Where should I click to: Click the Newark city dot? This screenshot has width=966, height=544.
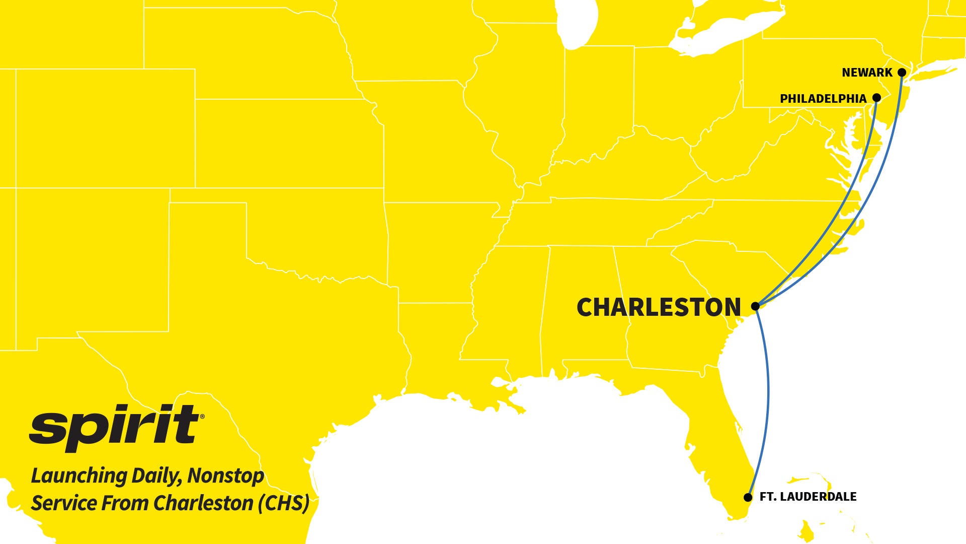click(902, 73)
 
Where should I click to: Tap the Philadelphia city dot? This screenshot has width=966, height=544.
click(876, 97)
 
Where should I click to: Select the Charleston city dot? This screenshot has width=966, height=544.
click(755, 306)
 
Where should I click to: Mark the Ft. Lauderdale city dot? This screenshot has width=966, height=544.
click(748, 497)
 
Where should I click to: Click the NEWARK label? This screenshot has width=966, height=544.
click(867, 73)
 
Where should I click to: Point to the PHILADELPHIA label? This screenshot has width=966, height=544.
click(823, 99)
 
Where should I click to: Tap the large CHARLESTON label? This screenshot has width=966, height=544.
click(659, 307)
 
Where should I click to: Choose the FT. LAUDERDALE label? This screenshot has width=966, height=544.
click(808, 497)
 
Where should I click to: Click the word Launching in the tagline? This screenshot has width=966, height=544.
click(79, 476)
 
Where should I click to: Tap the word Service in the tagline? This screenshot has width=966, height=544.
click(64, 503)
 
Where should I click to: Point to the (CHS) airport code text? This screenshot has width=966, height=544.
click(284, 503)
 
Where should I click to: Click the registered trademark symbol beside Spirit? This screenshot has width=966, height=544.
click(202, 417)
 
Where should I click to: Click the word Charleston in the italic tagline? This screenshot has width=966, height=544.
click(203, 503)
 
